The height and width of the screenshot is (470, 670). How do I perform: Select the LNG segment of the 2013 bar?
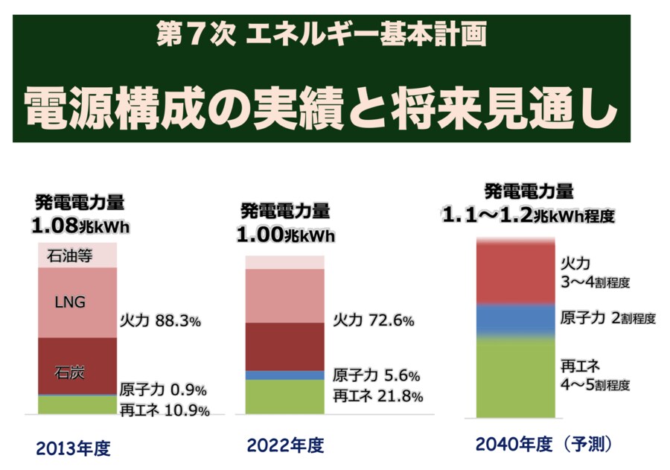77,302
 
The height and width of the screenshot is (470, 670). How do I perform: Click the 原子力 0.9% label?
163,390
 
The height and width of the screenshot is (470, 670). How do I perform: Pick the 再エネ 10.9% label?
165,410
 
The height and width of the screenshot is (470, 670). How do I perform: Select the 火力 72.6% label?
373,320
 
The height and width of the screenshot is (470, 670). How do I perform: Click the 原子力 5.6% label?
377,375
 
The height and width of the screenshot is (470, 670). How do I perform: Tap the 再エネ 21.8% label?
377,396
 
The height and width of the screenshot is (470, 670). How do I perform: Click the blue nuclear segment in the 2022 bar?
284,375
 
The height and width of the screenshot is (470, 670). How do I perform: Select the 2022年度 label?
285,446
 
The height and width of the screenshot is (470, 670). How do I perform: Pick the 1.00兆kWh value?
286,235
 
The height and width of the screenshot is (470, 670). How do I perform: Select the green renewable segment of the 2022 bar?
284,396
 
